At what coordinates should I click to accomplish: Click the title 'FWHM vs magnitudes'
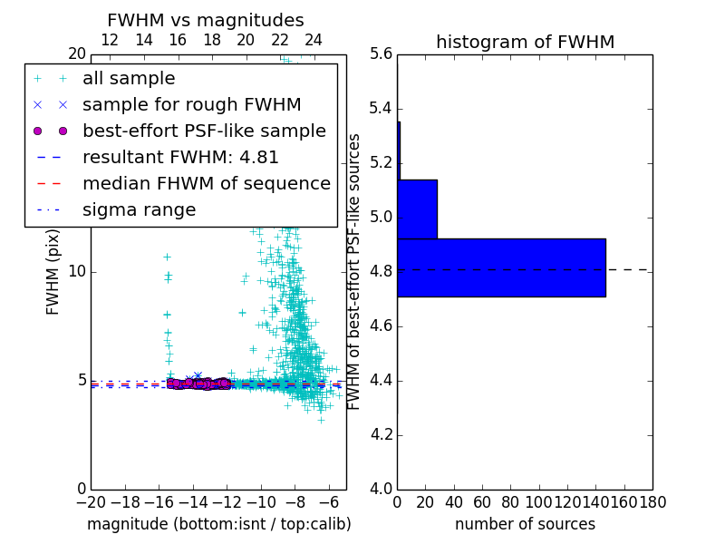206,20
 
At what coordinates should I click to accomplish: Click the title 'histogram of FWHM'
525,42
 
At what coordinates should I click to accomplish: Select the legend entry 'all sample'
129,79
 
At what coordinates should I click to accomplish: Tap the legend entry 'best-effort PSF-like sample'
204,131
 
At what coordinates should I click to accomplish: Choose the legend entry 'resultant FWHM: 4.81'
180,158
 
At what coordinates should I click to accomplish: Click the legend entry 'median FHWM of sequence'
206,184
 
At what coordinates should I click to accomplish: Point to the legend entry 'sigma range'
139,210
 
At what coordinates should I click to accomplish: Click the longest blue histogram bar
501,267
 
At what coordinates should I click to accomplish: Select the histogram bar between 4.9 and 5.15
417,209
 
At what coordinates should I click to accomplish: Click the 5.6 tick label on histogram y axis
382,54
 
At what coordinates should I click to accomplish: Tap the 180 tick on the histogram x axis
652,501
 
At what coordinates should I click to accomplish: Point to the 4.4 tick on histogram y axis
382,381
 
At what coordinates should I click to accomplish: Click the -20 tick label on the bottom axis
91,501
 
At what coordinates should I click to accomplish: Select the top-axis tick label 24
314,40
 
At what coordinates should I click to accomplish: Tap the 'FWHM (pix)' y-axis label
53,271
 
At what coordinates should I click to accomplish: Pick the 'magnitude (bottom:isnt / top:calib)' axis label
218,524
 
